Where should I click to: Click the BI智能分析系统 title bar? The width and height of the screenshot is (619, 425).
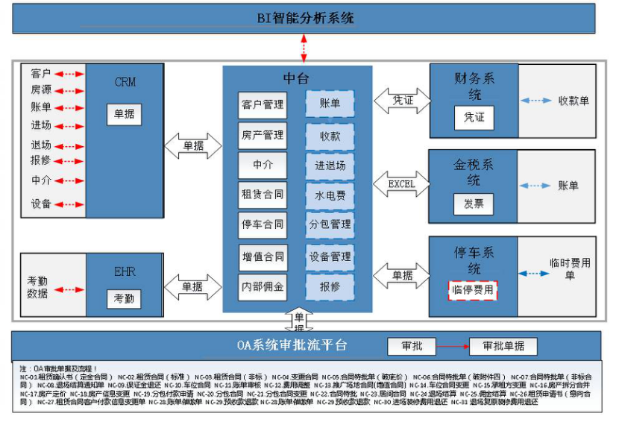click(x=307, y=18)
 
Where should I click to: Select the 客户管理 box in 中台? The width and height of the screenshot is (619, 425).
click(x=262, y=105)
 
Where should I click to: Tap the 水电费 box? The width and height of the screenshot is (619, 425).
click(x=330, y=195)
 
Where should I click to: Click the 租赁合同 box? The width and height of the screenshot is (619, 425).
click(x=262, y=195)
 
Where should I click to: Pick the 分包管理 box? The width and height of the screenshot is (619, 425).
click(x=330, y=224)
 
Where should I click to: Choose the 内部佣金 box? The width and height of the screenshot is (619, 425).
click(x=262, y=287)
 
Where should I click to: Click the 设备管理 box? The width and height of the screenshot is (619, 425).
click(x=330, y=256)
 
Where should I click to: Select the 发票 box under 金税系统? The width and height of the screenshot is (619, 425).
click(x=474, y=204)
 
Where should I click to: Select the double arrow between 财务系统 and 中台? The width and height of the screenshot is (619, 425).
click(x=402, y=100)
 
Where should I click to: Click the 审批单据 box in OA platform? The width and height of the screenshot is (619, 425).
click(x=503, y=347)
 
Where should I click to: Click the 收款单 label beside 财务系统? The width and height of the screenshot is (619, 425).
click(x=573, y=101)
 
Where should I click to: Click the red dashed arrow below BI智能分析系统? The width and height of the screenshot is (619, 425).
click(x=304, y=48)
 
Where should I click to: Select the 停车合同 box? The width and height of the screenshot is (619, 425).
click(x=262, y=224)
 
